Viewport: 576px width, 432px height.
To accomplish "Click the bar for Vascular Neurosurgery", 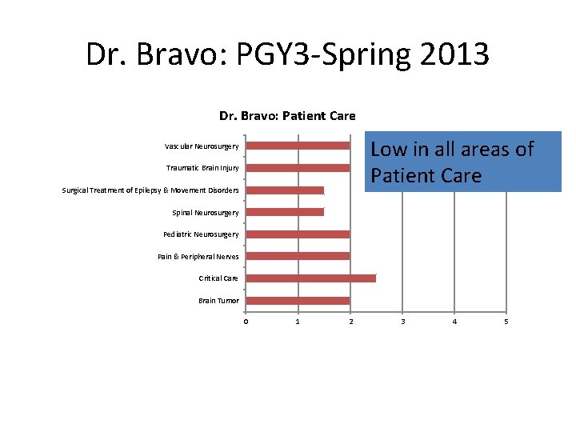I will [298, 146].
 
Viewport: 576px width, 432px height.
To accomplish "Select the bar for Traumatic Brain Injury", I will [298, 168].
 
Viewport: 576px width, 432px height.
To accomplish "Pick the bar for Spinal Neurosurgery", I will [285, 212].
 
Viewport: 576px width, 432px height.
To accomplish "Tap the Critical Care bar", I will [310, 278].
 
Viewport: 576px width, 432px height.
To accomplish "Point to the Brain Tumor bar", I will [298, 300].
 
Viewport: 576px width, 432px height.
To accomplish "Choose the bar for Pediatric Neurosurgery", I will [298, 234].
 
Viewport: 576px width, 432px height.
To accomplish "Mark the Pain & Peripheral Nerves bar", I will [298, 256].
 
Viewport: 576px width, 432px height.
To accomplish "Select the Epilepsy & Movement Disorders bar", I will [285, 190].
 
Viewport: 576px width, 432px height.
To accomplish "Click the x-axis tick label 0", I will [246, 322].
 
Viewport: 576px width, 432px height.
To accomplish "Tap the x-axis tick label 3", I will [402, 322].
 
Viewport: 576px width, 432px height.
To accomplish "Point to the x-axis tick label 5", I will [506, 322].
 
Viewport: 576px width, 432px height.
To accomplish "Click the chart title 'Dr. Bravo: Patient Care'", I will [287, 116].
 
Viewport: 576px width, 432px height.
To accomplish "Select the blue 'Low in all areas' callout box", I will [463, 162].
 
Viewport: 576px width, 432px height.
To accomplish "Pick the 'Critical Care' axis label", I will [218, 278].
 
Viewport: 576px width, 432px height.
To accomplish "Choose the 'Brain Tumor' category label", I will [218, 301].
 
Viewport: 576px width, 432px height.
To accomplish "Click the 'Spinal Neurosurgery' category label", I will [205, 213].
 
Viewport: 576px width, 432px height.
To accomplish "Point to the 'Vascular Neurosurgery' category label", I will [202, 146].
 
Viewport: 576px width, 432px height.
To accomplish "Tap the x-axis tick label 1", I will [298, 322].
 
